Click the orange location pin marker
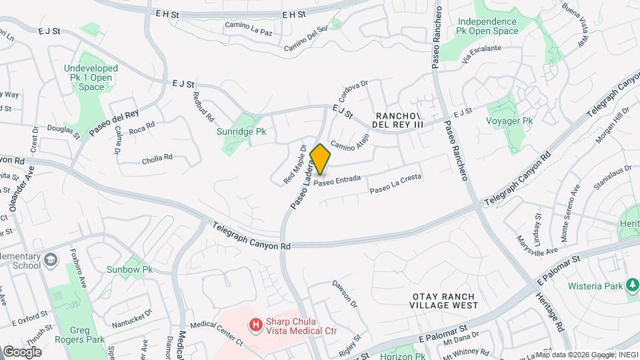[x=321, y=159]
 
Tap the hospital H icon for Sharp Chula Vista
[x=255, y=325]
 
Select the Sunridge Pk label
[x=241, y=131]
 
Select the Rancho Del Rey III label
[x=399, y=120]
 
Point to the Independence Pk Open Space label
[x=487, y=26]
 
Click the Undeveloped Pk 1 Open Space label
[x=91, y=77]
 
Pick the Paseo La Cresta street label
[x=395, y=185]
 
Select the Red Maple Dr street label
[x=294, y=165]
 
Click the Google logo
[x=21, y=351]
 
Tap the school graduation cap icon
[x=51, y=259]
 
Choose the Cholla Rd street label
[x=157, y=159]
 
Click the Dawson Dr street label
[x=345, y=293]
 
